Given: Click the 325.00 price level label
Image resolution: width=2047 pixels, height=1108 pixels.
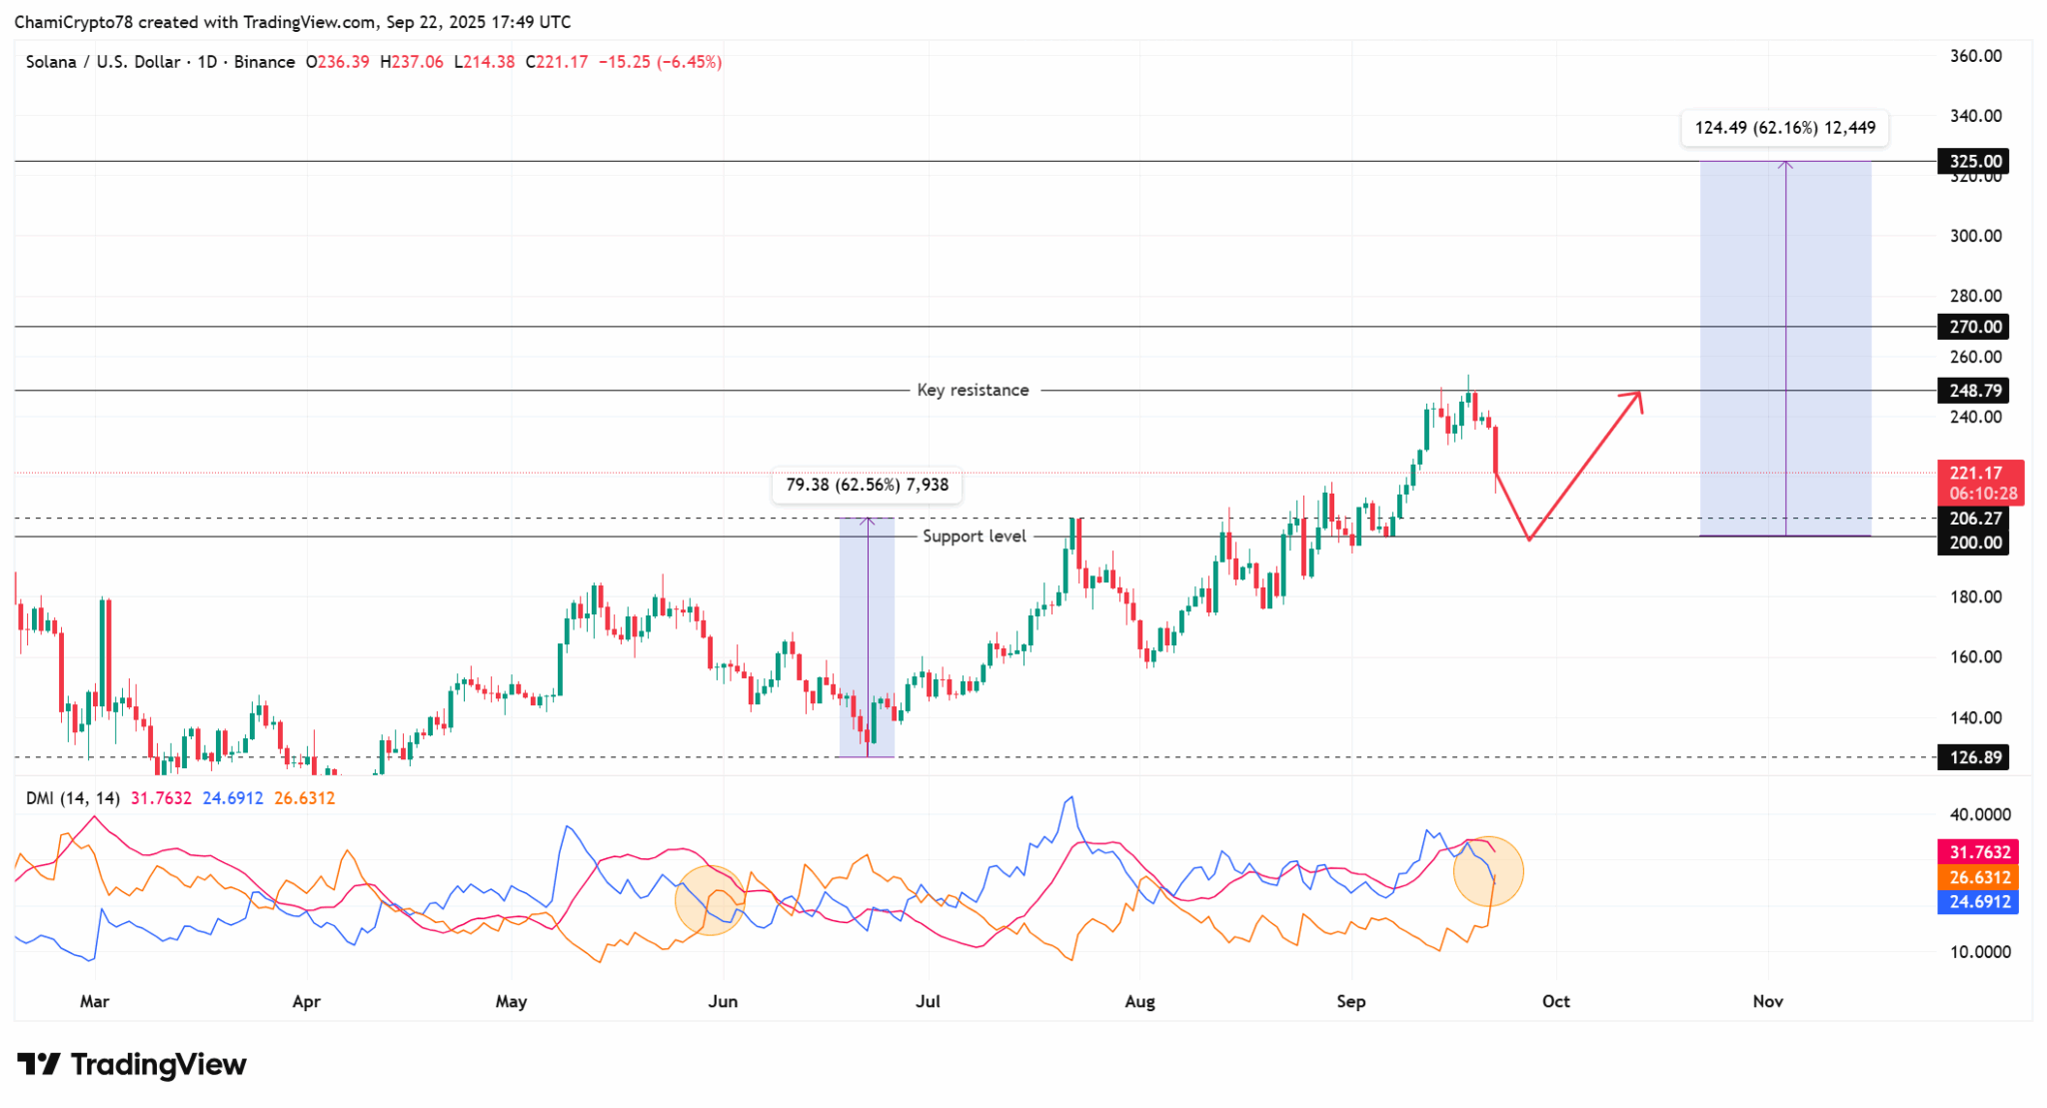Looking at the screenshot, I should (x=1975, y=161).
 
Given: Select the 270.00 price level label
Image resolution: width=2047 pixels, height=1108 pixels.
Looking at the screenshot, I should (x=1975, y=327).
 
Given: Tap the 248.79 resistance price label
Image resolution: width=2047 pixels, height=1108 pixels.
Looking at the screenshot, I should (x=1975, y=391).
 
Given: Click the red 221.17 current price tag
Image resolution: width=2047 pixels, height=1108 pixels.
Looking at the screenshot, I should (x=1980, y=482).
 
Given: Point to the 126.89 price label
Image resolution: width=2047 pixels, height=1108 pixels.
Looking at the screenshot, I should (x=1975, y=757).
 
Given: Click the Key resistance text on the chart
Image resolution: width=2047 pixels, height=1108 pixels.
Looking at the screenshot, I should (x=973, y=391).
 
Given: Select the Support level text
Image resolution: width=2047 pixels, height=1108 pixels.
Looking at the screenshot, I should (x=974, y=537).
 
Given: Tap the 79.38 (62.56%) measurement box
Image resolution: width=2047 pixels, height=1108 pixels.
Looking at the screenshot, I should (x=867, y=486).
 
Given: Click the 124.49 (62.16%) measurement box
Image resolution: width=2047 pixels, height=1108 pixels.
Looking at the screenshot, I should (x=1784, y=128).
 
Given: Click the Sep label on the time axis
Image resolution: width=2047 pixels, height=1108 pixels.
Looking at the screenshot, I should (x=1351, y=1001).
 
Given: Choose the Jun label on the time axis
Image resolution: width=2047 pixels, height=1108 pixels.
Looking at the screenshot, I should (x=723, y=1001).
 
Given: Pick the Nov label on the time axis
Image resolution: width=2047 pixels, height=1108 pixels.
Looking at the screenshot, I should (x=1767, y=1001).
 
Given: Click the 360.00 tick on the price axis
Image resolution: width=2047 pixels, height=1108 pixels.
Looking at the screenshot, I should (x=1975, y=56).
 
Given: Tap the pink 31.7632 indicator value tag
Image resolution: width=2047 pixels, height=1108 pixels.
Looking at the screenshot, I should (x=1979, y=852).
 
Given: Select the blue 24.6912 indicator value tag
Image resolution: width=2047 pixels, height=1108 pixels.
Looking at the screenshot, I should (x=1979, y=902).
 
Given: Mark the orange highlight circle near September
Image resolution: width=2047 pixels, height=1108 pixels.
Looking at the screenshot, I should (x=1487, y=871).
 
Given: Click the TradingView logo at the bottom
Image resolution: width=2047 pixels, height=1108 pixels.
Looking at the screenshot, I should (x=132, y=1065).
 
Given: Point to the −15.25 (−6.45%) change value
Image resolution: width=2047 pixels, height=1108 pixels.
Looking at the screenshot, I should (x=660, y=62).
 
